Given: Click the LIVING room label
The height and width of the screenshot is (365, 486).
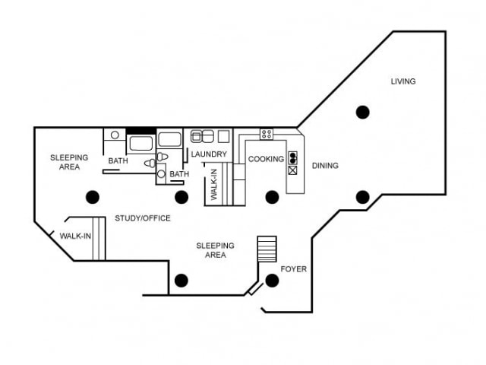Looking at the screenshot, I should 403,81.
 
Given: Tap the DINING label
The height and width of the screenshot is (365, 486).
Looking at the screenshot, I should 325,165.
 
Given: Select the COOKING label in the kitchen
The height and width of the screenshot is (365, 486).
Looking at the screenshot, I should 266,159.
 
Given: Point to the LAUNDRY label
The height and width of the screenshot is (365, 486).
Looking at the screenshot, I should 209,154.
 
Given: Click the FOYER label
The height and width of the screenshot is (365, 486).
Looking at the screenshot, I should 294,269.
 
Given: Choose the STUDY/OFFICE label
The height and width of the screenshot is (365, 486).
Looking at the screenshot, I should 143,218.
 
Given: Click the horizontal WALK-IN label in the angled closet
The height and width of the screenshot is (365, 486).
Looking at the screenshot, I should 75,236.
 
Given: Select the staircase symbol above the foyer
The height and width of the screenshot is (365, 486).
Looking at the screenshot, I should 267,249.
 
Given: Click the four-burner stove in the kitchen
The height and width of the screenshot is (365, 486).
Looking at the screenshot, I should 267,134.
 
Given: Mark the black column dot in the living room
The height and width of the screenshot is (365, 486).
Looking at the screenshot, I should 363,112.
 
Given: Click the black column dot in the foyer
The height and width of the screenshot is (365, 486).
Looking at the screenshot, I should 272,280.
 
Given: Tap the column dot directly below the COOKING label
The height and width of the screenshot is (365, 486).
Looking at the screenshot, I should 272,197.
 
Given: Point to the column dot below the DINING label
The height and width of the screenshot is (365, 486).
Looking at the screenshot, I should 363,197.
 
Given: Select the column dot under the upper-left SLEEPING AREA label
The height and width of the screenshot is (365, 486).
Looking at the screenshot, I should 93,197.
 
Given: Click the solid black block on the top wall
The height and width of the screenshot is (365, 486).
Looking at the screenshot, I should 140,130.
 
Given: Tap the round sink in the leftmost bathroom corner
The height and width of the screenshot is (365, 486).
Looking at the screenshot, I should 115,135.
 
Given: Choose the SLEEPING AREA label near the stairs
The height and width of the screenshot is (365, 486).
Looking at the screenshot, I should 215,250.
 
